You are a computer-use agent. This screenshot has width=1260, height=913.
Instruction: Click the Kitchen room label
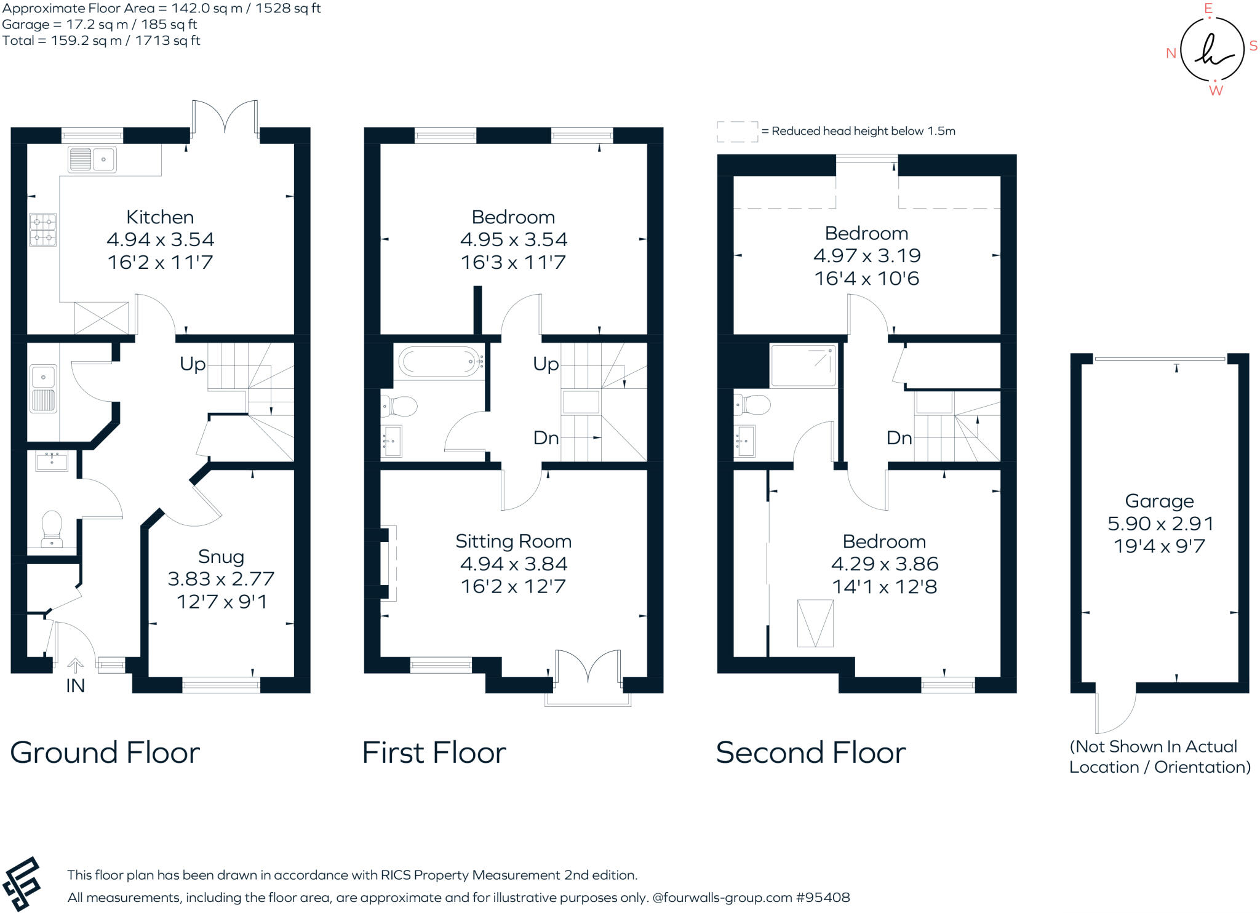coord(160,217)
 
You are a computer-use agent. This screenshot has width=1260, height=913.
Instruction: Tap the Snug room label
coord(221,557)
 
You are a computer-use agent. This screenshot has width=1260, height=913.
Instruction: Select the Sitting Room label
coord(513,541)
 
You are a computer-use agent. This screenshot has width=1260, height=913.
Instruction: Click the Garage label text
coord(1159,501)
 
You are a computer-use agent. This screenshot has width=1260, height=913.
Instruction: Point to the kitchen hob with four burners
coord(43,229)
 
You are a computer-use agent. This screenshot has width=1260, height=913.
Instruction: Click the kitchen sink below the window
coord(92,159)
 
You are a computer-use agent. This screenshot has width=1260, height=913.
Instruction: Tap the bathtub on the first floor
coord(438,362)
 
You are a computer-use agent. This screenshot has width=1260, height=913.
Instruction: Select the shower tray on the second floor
coord(803,366)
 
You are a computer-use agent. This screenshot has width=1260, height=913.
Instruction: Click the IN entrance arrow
coord(75,666)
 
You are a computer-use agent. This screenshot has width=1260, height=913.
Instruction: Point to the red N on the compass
coord(1171,54)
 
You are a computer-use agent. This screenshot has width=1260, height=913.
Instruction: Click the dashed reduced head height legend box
coord(737,131)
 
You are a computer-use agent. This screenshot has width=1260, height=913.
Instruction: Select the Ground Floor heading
coord(105,752)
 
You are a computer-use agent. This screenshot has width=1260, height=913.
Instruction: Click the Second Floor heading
coord(810,752)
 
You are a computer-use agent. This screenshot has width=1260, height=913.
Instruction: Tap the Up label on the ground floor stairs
coord(193,364)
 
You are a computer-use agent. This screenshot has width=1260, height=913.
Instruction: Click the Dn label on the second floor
coord(899,438)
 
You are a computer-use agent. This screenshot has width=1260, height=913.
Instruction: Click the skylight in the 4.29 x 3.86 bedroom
coord(815,623)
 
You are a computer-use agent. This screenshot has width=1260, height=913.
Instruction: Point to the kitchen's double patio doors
coord(225,117)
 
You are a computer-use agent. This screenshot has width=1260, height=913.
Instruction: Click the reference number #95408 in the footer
coord(823,898)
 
